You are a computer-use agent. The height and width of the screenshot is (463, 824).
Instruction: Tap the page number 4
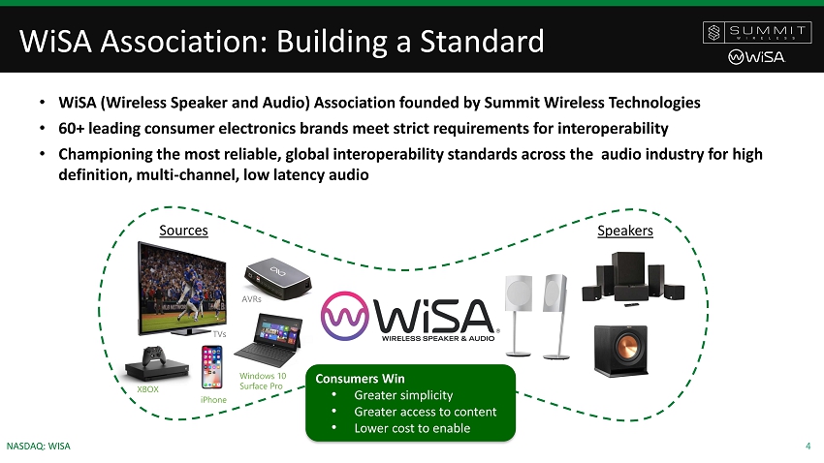[x=808, y=447]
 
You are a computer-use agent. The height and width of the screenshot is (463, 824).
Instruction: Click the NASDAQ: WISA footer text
[x=39, y=447]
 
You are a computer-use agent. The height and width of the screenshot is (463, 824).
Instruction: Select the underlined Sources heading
[x=183, y=231]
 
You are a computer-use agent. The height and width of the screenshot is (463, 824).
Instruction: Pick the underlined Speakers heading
[x=625, y=231]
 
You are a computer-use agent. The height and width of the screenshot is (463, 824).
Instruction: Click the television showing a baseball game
[x=182, y=289]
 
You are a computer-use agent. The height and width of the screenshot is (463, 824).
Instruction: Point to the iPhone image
[x=211, y=367]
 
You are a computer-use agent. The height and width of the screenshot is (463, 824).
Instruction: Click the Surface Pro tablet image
[x=269, y=340]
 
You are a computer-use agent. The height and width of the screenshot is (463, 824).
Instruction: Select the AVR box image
[x=277, y=278]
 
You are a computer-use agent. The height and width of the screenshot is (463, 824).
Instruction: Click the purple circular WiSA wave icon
[x=345, y=316]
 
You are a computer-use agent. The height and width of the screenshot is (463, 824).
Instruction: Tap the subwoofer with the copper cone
[x=620, y=351]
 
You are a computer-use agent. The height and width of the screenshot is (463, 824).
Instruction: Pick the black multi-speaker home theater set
[x=633, y=279]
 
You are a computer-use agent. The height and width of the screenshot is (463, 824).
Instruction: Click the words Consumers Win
[x=360, y=379]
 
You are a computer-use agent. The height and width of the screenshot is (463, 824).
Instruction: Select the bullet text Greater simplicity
[x=403, y=395]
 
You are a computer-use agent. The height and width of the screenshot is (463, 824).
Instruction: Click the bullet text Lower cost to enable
[x=412, y=428]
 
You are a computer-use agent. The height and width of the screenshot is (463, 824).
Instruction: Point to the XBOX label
[x=147, y=389]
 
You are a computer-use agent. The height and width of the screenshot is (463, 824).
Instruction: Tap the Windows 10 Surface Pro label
[x=263, y=381]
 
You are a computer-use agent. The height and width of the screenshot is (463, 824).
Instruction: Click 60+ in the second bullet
[x=72, y=128]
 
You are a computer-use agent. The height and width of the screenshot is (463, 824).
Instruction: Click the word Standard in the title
[x=482, y=41]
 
